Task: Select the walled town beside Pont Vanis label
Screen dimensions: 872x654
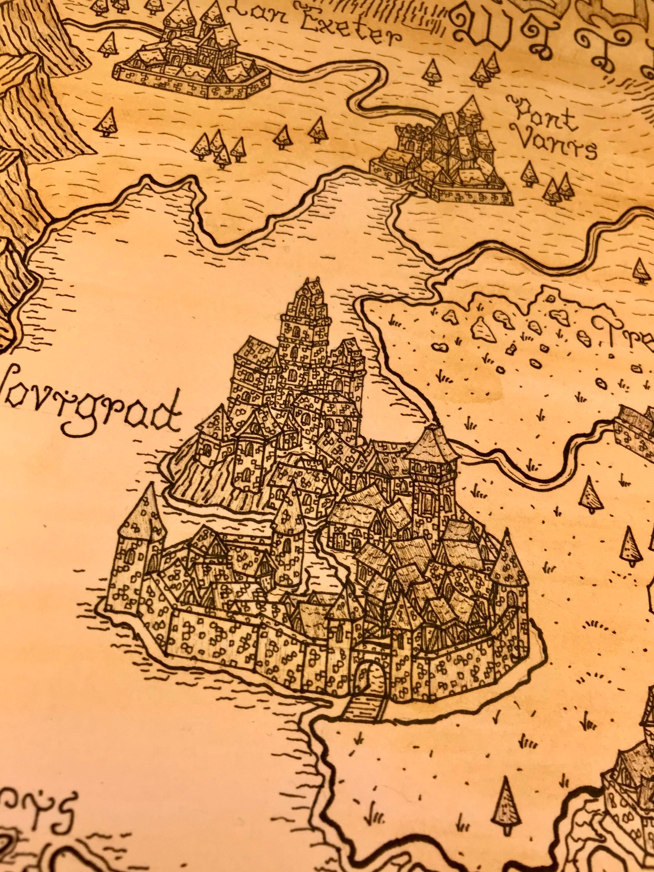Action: tap(439, 158)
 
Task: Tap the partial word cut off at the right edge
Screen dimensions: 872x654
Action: tap(627, 335)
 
